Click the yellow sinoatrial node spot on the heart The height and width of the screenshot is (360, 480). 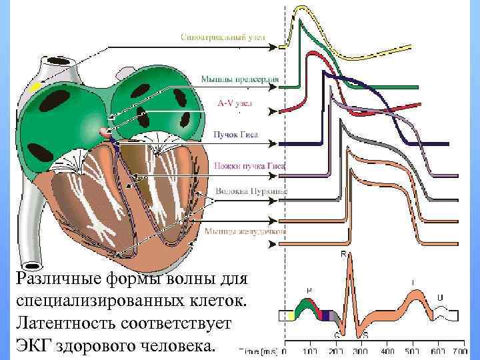35,87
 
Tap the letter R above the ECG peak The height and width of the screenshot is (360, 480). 343,254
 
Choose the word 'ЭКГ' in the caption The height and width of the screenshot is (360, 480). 34,346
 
